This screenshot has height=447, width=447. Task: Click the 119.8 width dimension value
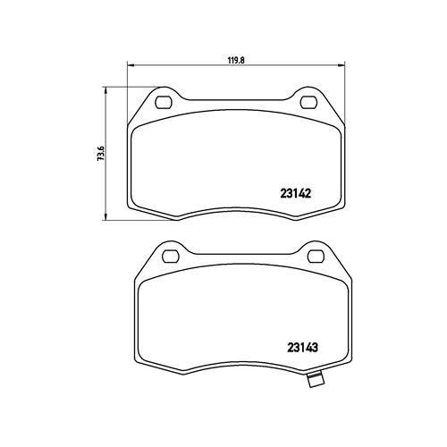point(236,60)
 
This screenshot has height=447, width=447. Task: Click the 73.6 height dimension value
point(101,154)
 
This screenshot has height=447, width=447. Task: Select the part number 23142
point(296,194)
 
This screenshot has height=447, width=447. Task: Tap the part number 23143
point(303,347)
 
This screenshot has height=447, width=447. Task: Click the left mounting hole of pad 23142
point(164,102)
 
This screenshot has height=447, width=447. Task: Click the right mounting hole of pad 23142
point(308,102)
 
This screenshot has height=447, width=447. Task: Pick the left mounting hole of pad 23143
point(171,257)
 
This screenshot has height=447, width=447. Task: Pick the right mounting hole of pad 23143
point(316,257)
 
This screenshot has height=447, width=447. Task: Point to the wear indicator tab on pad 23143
point(315,380)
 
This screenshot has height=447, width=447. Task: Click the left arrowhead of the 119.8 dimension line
point(131,65)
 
